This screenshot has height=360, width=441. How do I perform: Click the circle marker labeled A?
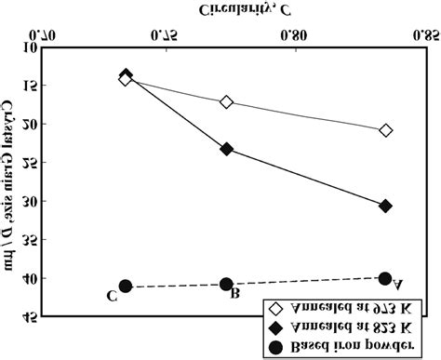click(x=385, y=278)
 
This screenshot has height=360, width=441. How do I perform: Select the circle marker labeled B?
click(x=226, y=284)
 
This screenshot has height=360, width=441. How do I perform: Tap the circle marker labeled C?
click(x=126, y=287)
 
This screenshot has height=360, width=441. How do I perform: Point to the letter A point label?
click(x=398, y=286)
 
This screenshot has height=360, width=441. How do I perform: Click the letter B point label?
click(x=236, y=295)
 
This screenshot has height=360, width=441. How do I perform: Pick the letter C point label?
click(x=111, y=297)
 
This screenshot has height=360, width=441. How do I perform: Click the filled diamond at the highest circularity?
click(x=385, y=206)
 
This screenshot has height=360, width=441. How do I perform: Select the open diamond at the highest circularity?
click(x=385, y=130)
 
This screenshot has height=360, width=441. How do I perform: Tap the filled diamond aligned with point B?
click(x=226, y=149)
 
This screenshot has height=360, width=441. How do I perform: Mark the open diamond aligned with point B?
click(x=226, y=101)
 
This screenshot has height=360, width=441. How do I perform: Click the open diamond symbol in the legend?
click(x=274, y=308)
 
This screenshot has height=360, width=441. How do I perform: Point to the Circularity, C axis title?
click(x=242, y=10)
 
